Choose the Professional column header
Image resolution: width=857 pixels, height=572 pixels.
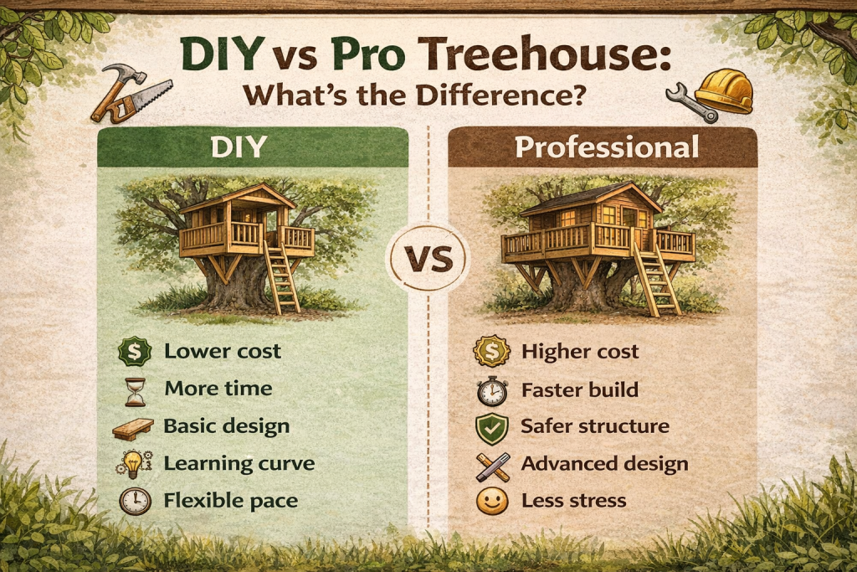[x=607, y=147]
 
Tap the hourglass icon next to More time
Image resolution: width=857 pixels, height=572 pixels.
[x=135, y=389]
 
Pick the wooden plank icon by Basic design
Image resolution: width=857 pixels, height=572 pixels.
[x=133, y=426]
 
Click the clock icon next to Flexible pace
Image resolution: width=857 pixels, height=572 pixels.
[x=135, y=501]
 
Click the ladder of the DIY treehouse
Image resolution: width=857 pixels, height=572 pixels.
[x=282, y=277]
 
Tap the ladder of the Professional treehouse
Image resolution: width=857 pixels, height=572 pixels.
[x=655, y=279]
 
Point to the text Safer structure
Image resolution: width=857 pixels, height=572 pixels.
[x=595, y=426]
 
